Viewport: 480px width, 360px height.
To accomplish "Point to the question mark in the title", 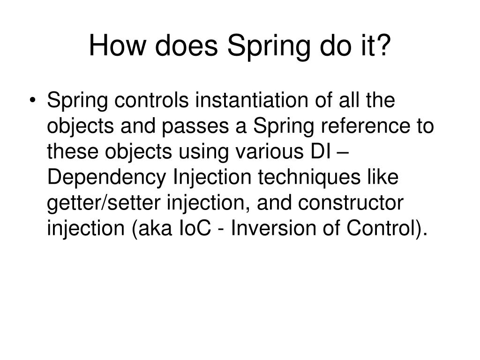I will click(383, 47).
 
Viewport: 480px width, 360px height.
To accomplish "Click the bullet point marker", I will click(37, 101).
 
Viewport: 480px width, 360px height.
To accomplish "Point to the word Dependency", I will click(108, 179).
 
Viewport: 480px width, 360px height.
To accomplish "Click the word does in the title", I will click(183, 47).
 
